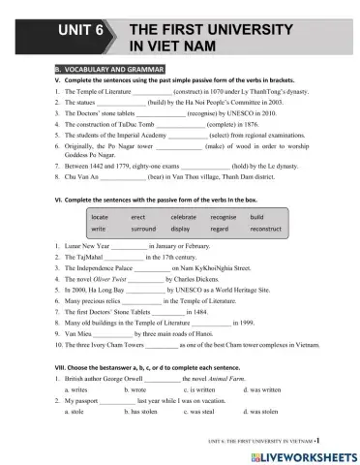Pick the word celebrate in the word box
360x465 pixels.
183,217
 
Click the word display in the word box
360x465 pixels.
180,229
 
